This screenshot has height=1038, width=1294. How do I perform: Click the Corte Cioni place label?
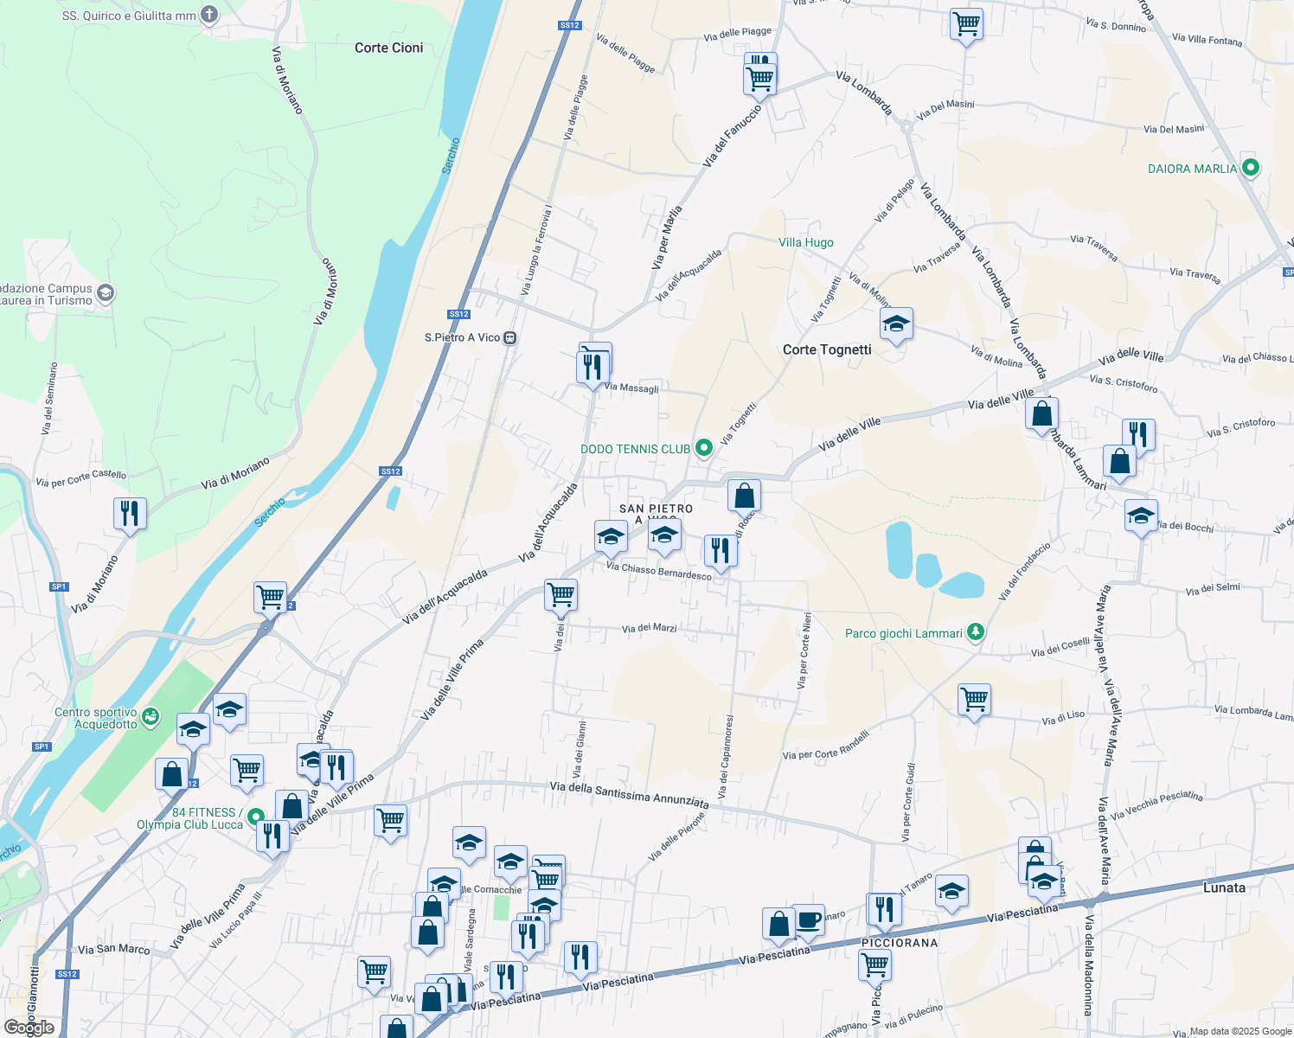point(388,48)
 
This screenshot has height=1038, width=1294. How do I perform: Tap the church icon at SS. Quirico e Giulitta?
point(209,15)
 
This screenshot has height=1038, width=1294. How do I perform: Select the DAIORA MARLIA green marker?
point(1249,168)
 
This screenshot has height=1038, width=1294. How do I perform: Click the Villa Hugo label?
point(805,242)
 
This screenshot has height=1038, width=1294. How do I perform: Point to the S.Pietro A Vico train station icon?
point(510,337)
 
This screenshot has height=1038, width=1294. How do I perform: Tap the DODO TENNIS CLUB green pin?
point(704,448)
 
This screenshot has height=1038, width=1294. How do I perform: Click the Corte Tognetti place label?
point(826,349)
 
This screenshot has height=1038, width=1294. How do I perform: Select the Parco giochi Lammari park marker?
point(976,632)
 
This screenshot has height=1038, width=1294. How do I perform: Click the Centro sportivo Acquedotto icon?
point(151,716)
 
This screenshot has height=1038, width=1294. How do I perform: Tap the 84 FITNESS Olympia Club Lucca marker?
point(256,816)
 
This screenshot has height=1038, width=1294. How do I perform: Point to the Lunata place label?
point(1224,887)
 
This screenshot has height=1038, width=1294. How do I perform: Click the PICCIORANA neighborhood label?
point(900,943)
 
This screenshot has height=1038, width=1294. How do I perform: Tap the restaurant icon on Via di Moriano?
point(130,513)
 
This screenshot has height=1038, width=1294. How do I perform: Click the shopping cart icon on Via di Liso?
point(975,699)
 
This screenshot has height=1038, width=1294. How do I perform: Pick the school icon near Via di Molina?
point(896,324)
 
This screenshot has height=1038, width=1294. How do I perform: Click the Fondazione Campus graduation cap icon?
point(106,293)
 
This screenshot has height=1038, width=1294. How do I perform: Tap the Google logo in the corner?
point(29,1028)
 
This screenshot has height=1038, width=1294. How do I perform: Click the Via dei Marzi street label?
point(649,628)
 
